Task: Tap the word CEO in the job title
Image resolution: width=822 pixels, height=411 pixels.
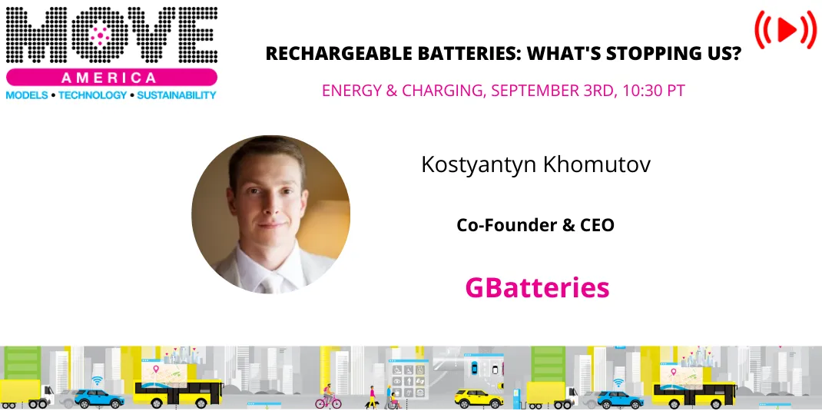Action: [x=597, y=225]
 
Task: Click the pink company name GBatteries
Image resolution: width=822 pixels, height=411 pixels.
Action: [x=537, y=287]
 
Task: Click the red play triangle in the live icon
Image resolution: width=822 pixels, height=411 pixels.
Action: [x=786, y=30]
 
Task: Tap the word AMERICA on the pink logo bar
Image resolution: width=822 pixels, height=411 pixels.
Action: [x=111, y=78]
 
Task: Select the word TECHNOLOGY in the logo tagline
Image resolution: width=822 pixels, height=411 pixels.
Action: [x=92, y=95]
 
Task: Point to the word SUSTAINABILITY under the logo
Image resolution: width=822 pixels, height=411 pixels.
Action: [x=177, y=95]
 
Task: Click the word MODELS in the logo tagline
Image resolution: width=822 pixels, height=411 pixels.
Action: [x=25, y=95]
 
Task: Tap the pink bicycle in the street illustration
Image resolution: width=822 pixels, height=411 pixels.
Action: [x=328, y=399]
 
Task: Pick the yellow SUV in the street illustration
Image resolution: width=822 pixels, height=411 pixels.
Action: [x=468, y=397]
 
